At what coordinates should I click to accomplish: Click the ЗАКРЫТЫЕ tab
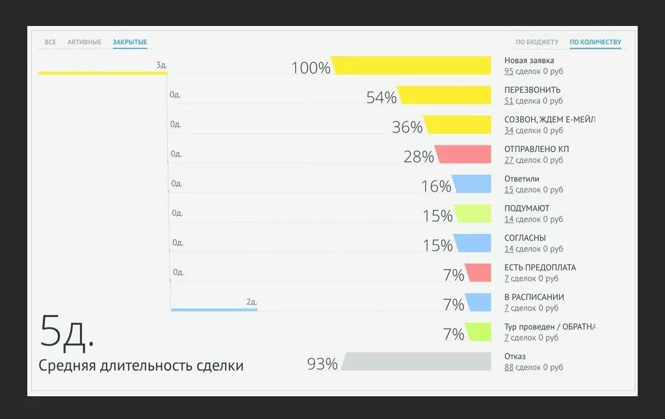tap(130, 42)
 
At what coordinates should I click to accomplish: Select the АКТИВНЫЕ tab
tap(85, 42)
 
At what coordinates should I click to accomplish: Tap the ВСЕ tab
tap(50, 42)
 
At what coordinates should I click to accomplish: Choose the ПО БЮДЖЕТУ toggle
tap(537, 42)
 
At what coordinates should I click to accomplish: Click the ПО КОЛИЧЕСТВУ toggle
tap(595, 42)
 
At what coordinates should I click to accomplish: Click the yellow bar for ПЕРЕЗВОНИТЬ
tap(445, 95)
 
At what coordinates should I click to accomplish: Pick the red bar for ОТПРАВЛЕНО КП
tap(463, 154)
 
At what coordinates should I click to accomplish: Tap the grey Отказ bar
tap(416, 361)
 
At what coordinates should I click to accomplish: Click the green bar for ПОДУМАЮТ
tap(473, 213)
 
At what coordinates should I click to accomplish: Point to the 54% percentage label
tap(381, 97)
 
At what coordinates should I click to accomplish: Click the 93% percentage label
tap(322, 364)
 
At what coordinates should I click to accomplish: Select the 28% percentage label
tap(419, 157)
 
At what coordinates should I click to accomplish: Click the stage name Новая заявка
tap(529, 60)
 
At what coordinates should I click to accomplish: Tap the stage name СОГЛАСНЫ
tap(525, 238)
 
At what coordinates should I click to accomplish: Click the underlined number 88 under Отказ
tap(509, 367)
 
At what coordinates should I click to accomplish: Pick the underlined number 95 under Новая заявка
tap(509, 71)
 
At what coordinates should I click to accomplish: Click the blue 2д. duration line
tap(214, 310)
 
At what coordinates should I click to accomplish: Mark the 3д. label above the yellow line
tap(161, 65)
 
